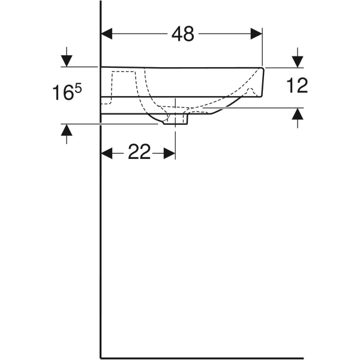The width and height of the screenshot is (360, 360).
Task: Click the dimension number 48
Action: click(x=182, y=34)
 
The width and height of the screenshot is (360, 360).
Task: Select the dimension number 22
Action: click(x=139, y=153)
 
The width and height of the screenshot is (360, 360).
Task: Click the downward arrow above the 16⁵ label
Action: click(x=67, y=61)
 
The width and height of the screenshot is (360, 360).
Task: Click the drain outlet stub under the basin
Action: click(x=175, y=121)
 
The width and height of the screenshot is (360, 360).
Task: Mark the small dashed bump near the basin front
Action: click(x=252, y=91)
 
